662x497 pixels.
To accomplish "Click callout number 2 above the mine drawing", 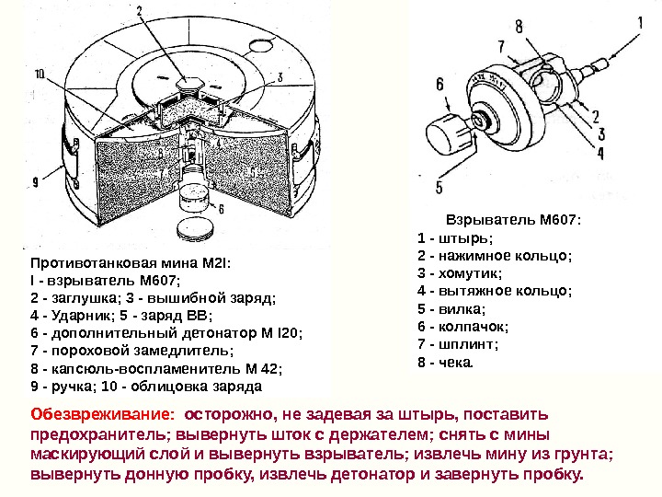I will pyautogui.click(x=140, y=12).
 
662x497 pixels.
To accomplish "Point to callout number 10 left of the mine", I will pyautogui.click(x=40, y=75).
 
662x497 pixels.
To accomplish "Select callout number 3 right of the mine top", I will pyautogui.click(x=279, y=76).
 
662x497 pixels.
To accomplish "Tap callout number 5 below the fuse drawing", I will pyautogui.click(x=439, y=187).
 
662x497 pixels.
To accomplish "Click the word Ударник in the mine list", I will pyautogui.click(x=86, y=317).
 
